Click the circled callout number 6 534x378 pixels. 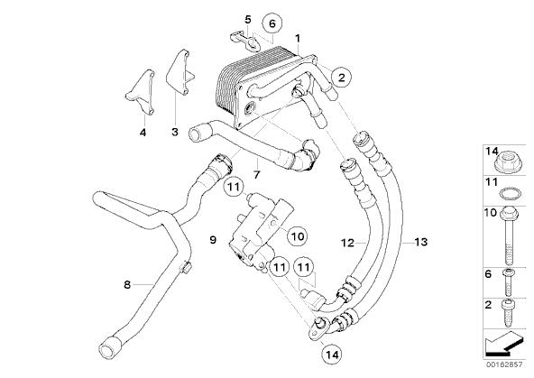(x=272, y=23)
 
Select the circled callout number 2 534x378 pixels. (x=341, y=78)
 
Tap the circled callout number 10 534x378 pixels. (x=298, y=235)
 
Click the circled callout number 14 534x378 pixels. (x=332, y=355)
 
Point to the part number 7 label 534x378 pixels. (x=256, y=174)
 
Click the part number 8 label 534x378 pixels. (x=127, y=284)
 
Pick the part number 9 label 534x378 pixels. (x=213, y=240)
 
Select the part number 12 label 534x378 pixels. (x=347, y=243)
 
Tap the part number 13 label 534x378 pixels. (x=421, y=242)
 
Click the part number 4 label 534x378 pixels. (x=143, y=132)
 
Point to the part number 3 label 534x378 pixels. (x=175, y=132)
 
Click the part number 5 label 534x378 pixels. (x=248, y=20)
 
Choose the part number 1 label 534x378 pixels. (x=298, y=38)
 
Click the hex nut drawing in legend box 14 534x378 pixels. (x=508, y=162)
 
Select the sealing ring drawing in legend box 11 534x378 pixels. (x=511, y=193)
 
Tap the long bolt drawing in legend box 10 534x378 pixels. (x=509, y=235)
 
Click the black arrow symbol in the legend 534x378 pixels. (x=504, y=344)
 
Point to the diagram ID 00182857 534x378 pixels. (x=504, y=364)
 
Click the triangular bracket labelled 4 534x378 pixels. (x=141, y=93)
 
